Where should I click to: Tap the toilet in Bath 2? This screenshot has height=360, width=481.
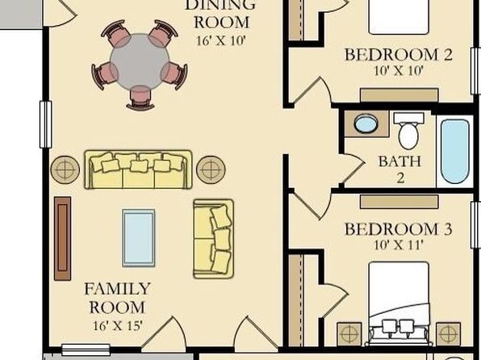408,131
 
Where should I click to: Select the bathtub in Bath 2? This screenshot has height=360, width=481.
455,152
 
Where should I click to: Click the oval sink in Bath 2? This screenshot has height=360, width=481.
366,123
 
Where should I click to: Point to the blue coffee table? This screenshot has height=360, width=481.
139,238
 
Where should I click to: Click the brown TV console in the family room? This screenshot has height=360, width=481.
63,238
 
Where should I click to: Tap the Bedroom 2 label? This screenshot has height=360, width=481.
399,55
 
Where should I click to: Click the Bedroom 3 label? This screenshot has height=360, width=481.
399,229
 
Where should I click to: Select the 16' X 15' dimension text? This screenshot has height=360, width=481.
118,325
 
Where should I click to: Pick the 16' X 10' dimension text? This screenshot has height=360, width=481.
221,40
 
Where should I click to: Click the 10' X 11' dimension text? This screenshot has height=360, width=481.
399,245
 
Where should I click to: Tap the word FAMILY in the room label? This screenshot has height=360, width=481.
117,289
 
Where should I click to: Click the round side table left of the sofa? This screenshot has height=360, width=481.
65,170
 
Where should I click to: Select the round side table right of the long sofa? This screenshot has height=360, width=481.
211,170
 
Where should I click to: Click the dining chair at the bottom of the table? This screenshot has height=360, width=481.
140,98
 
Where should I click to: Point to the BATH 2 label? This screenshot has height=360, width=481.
399,170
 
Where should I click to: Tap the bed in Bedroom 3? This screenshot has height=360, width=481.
399,303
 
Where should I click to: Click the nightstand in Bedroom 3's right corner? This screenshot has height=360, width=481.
448,334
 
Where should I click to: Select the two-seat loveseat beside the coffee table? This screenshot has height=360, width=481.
214,239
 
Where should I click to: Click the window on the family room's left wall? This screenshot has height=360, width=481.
45,124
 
